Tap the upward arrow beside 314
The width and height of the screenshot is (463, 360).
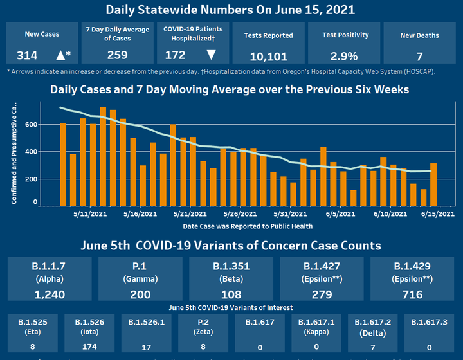click(61, 55)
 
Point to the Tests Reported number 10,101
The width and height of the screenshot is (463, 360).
click(268, 56)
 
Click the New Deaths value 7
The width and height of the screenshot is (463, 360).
click(419, 56)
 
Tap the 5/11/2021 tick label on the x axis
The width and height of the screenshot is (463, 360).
click(89, 214)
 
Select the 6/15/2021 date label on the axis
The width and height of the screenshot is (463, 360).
click(437, 214)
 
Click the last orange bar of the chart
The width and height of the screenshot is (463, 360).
click(433, 184)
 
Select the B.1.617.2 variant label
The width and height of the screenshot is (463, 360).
click(369, 321)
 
